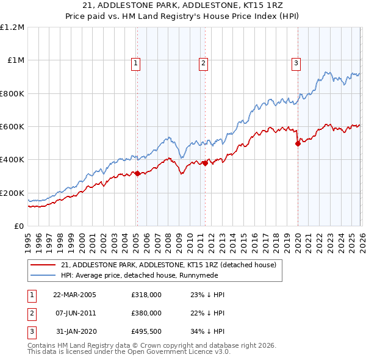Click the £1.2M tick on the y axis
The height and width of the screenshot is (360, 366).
(x=13, y=27)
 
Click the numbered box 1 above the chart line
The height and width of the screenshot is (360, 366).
(x=135, y=62)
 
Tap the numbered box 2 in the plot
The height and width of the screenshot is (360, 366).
(x=203, y=62)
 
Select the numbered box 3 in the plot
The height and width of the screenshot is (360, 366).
(x=296, y=62)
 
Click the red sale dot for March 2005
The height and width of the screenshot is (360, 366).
(x=137, y=173)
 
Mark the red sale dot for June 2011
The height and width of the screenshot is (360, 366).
(x=205, y=163)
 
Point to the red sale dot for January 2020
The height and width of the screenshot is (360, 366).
(x=298, y=144)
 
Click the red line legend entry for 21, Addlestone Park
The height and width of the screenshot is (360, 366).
(x=169, y=265)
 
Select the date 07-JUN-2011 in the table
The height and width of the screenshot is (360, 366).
(x=74, y=312)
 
